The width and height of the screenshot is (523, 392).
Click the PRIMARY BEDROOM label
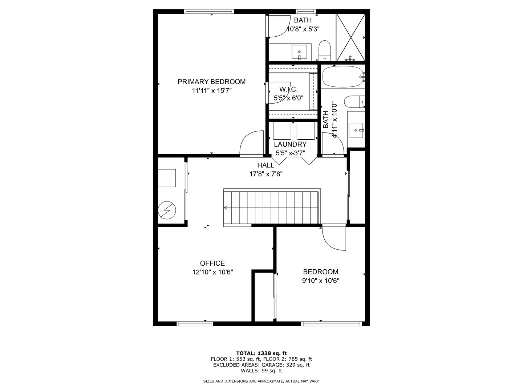(x=211, y=82)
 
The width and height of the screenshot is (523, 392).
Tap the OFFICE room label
(x=212, y=263)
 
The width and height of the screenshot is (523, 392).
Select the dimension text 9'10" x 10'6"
(x=321, y=281)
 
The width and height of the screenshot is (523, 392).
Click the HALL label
(x=265, y=165)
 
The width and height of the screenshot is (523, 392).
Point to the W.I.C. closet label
(x=288, y=89)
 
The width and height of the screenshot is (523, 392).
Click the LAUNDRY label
(x=290, y=144)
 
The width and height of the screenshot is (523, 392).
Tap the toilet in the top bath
(x=324, y=50)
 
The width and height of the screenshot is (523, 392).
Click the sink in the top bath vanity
(x=299, y=52)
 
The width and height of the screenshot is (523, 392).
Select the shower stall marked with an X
(x=350, y=37)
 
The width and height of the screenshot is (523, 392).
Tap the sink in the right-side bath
(x=356, y=130)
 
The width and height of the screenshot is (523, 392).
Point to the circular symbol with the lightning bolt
(x=167, y=210)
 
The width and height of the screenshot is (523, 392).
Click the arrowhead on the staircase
(x=226, y=208)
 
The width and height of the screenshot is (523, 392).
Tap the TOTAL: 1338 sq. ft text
(x=261, y=353)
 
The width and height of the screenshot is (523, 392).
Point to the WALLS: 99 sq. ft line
(x=261, y=371)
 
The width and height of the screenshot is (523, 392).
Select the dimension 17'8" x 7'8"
(x=266, y=174)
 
